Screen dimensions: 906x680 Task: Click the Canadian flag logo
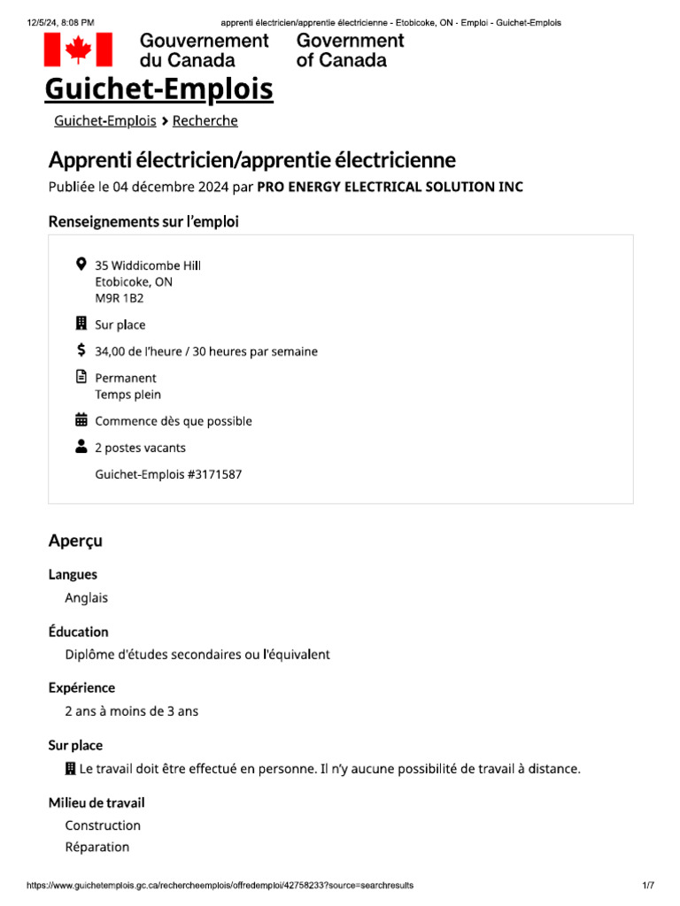tap(78, 50)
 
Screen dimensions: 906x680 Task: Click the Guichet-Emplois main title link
tap(159, 89)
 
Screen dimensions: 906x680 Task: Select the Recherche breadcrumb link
tap(205, 121)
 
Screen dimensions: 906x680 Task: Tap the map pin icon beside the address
tap(81, 265)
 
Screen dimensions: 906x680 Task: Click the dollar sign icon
tap(81, 350)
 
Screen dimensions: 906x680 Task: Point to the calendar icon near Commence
tap(81, 420)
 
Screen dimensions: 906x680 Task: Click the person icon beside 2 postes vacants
tap(81, 447)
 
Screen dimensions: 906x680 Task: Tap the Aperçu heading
tap(75, 540)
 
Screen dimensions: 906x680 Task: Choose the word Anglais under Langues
tap(86, 597)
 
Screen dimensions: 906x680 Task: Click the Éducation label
tap(78, 632)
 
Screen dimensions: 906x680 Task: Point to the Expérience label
tap(81, 687)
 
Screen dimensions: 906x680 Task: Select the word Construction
tap(103, 825)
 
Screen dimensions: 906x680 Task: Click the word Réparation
tap(97, 847)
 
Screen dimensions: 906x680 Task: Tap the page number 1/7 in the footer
tap(648, 886)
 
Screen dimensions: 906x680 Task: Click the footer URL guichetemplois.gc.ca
tap(220, 886)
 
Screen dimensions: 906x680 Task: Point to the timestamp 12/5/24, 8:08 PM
tap(59, 22)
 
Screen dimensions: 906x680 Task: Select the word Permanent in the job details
tap(126, 378)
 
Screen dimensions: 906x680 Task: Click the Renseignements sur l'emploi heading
tap(143, 221)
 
